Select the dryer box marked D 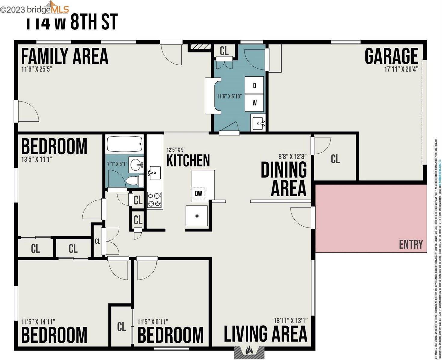tap(254, 86)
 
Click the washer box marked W tap(254, 103)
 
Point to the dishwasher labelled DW tap(198, 193)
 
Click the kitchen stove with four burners tap(155, 200)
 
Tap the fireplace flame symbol tap(249, 350)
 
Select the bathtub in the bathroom tap(124, 144)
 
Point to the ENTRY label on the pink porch tap(411, 245)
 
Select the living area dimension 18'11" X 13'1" tap(290, 321)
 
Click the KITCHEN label tap(188, 160)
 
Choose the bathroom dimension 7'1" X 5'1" tap(117, 164)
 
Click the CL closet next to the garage tap(335, 159)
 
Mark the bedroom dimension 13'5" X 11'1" tap(37, 159)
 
